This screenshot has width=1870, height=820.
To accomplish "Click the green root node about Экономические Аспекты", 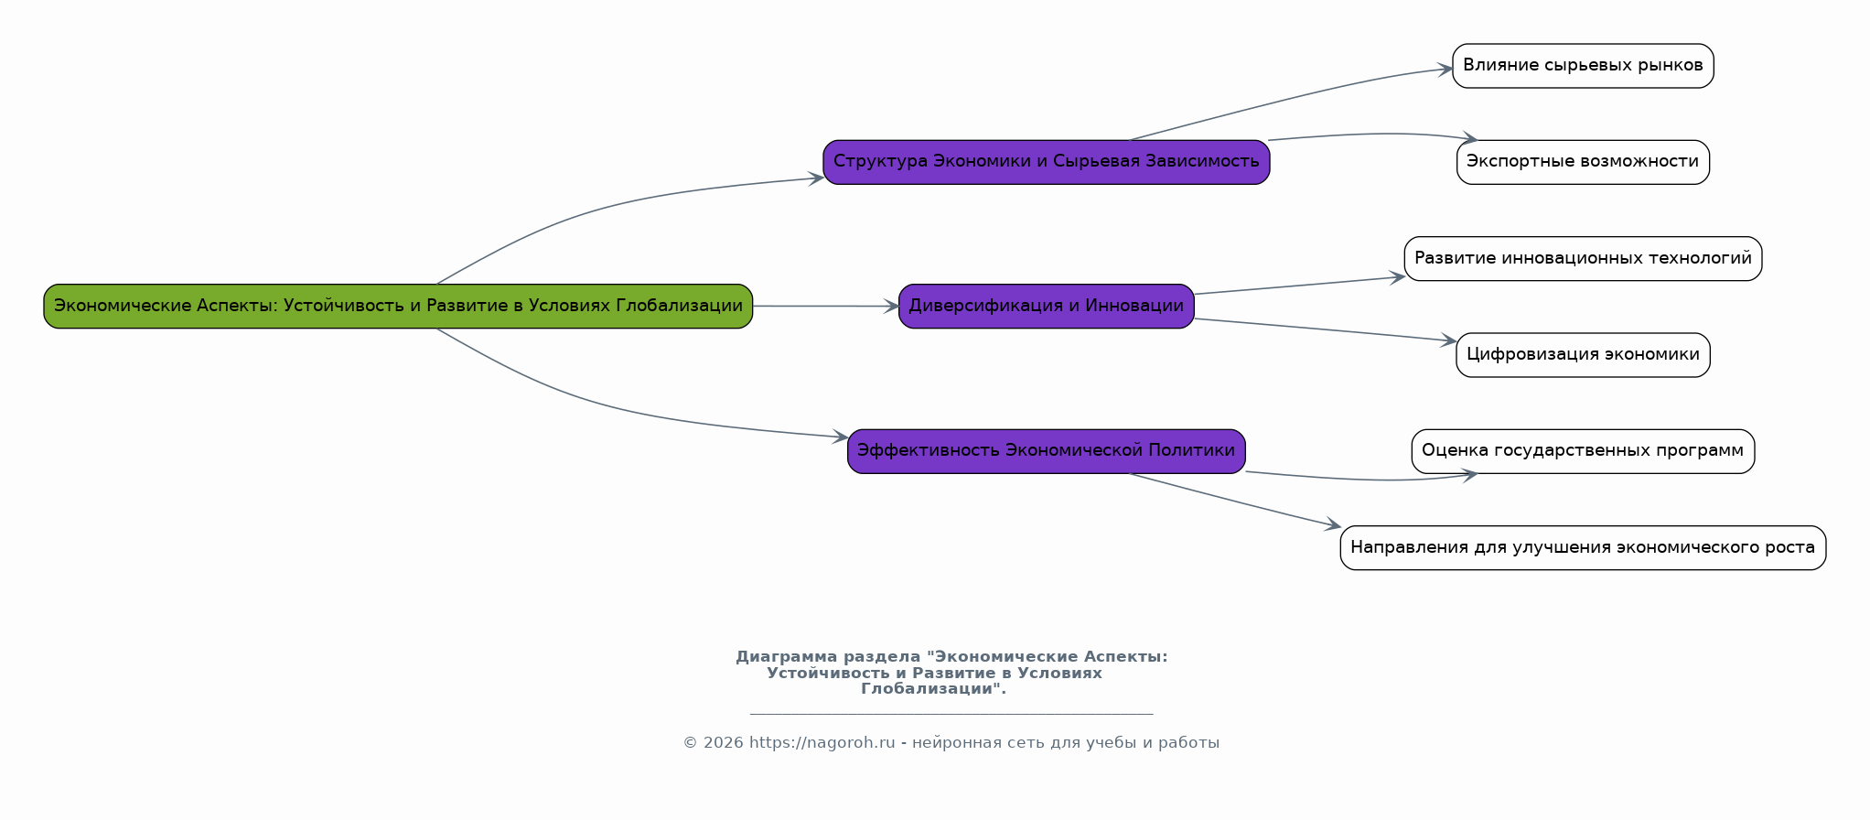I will click(398, 306).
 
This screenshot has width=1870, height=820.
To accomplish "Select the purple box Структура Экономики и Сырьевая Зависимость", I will click(1046, 162).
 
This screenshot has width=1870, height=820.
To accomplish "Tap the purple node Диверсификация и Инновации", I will click(1046, 306).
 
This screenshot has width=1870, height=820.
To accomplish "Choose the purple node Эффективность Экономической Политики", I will click(1046, 450).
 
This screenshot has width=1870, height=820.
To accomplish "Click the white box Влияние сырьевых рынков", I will click(1582, 66).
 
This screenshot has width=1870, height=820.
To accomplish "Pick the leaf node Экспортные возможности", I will click(1582, 162).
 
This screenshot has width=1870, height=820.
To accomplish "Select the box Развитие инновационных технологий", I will click(1582, 258).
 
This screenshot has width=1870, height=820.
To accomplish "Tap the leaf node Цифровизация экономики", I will click(1582, 354).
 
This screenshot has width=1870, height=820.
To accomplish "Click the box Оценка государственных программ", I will click(1582, 450).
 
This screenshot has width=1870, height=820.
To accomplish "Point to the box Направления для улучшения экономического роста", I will click(1582, 547).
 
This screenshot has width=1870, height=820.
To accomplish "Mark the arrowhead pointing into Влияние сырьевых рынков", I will click(1446, 69).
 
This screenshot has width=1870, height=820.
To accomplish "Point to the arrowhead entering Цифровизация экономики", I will click(1449, 341).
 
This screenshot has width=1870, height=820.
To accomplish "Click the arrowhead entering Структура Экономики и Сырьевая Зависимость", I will click(816, 178).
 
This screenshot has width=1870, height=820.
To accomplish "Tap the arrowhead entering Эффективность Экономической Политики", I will click(841, 437).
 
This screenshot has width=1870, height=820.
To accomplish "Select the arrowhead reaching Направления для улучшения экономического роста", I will click(1334, 526).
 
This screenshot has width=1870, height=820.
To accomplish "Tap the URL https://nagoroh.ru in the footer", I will click(822, 743).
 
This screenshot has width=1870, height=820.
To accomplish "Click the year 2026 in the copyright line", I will click(723, 743).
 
